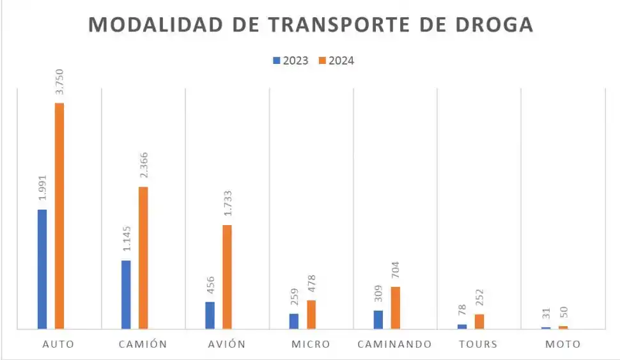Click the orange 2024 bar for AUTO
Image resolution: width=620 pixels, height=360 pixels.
tap(59, 216)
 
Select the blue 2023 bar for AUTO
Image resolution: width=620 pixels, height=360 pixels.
tap(42, 269)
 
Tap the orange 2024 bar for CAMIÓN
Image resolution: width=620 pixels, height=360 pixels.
tap(143, 258)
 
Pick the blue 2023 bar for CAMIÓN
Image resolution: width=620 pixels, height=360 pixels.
tap(126, 295)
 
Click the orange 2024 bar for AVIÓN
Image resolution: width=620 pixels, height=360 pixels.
tap(227, 277)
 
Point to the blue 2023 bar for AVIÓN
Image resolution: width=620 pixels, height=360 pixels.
tap(210, 315)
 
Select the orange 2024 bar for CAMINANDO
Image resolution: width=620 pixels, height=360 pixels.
tap(395, 308)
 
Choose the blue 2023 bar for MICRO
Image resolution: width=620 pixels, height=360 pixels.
tap(293, 321)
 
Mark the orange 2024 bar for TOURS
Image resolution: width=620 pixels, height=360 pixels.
tap(479, 322)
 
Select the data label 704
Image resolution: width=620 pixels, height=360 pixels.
tap(395, 271)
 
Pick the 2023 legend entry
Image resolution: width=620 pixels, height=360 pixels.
tap(291, 61)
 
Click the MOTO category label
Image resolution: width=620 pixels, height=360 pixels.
tap(563, 344)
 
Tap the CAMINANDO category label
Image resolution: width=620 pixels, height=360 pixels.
tap(394, 344)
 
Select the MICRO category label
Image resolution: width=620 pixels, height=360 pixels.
tap(311, 344)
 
